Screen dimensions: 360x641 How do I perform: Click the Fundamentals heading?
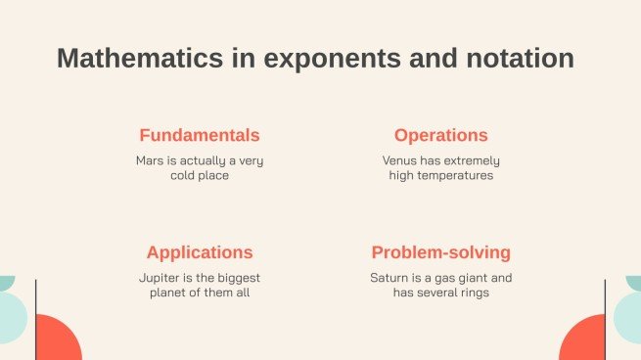(x=200, y=135)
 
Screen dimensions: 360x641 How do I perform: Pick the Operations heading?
(x=440, y=135)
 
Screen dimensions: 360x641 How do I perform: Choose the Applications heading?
(x=200, y=251)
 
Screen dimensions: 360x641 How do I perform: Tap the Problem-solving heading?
(x=440, y=252)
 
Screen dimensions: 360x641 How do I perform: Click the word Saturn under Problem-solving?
(x=389, y=277)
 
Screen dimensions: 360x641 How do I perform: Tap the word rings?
(x=473, y=292)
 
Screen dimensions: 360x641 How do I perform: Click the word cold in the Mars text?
(x=173, y=176)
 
